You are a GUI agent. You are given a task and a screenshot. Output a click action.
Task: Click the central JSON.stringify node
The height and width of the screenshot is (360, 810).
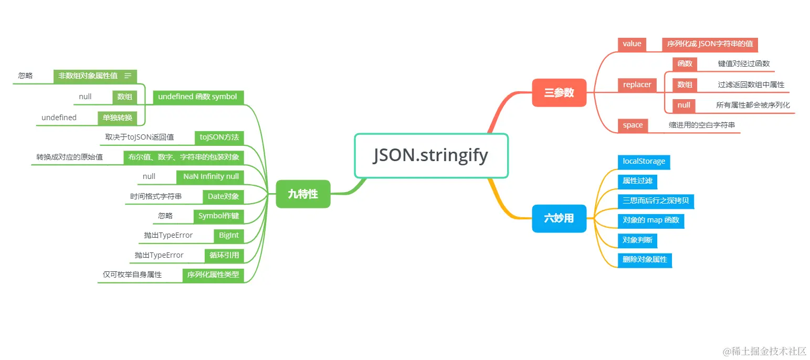click(431, 156)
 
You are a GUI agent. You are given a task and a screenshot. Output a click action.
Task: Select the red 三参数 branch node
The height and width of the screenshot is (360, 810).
click(559, 93)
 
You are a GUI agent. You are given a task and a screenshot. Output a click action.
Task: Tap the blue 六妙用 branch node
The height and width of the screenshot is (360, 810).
click(559, 218)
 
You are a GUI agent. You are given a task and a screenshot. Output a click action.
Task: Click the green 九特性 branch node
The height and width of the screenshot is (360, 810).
click(303, 194)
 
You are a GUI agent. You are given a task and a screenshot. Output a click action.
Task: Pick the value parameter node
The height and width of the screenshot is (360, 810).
click(632, 44)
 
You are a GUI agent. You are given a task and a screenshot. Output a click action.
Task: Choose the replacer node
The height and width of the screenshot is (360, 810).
click(637, 84)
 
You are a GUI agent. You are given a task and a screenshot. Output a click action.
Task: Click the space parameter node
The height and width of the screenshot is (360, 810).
click(633, 125)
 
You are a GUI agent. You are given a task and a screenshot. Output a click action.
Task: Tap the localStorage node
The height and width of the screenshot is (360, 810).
click(644, 162)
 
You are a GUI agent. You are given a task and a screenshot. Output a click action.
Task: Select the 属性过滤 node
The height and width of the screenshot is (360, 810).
click(637, 181)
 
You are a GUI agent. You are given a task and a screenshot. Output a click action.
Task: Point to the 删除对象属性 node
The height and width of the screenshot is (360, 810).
click(645, 259)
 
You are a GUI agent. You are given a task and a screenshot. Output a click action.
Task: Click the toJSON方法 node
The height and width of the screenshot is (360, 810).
click(219, 137)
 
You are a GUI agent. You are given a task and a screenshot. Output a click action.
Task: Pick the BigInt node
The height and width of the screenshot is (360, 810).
click(229, 236)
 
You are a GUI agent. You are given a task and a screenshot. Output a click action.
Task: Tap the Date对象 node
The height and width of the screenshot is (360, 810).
click(223, 196)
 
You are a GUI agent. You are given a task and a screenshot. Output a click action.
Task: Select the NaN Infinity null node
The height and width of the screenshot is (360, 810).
click(211, 177)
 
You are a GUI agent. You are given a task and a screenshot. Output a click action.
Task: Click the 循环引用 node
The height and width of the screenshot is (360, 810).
click(224, 256)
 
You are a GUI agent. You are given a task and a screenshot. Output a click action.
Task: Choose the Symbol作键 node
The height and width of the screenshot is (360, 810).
click(218, 216)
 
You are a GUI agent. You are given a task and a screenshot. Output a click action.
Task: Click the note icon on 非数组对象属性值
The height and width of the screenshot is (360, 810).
click(128, 76)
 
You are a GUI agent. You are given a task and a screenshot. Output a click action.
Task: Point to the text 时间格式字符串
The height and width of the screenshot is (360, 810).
click(156, 196)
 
